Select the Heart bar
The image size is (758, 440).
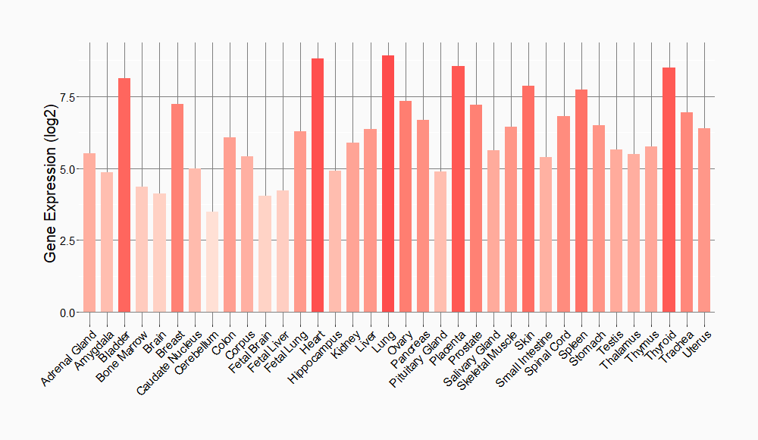click(x=318, y=185)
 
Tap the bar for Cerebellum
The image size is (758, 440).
click(x=212, y=262)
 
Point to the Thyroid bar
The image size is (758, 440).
click(x=669, y=190)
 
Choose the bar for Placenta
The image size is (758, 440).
click(x=458, y=189)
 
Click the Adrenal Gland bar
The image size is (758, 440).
click(x=89, y=232)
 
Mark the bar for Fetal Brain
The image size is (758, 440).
click(x=265, y=254)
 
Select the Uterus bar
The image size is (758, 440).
click(x=704, y=220)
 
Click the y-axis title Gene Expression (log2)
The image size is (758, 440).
click(x=50, y=178)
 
